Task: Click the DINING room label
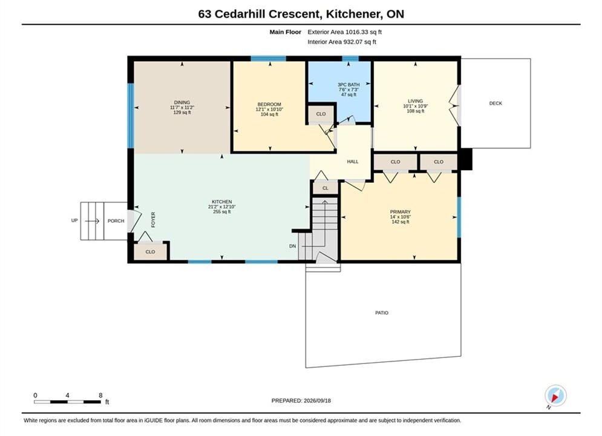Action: [x=182, y=102]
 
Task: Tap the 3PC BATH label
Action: [x=348, y=85]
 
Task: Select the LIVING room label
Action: [x=416, y=101]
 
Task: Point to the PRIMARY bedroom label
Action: [x=401, y=212]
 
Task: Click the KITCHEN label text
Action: [x=222, y=202]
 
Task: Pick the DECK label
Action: [x=496, y=103]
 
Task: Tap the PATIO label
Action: [x=382, y=312]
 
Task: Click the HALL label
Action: [x=353, y=162]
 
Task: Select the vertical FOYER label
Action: [x=153, y=220]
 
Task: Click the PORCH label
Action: [x=116, y=221]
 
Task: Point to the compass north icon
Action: [x=555, y=395]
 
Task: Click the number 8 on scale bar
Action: [x=100, y=395]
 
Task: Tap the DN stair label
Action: [x=293, y=246]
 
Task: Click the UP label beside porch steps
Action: [x=74, y=220]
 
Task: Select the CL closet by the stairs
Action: [x=326, y=188]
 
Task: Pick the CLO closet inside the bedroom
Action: [x=321, y=114]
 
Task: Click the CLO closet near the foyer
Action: [x=150, y=252]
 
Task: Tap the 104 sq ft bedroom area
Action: [x=269, y=114]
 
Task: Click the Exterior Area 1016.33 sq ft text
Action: [x=345, y=32]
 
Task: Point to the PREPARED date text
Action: [x=301, y=400]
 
